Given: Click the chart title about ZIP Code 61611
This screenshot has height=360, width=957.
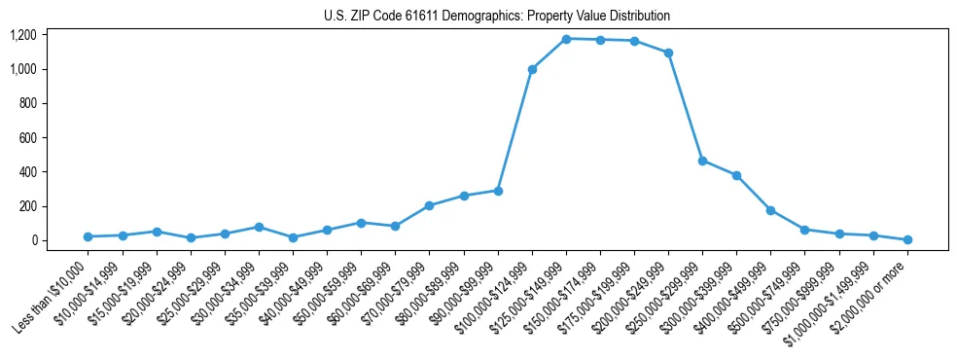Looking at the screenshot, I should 497,17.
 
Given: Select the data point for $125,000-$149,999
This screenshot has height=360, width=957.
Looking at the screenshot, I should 566,39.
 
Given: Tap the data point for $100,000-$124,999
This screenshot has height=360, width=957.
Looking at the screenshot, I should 532,69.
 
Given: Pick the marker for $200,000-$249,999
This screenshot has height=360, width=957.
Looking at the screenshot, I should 668,53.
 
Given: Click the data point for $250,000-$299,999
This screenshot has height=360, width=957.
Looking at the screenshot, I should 702,161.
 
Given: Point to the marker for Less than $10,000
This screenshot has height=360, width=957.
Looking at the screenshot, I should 89,236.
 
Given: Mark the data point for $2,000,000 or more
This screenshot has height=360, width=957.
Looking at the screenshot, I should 907,239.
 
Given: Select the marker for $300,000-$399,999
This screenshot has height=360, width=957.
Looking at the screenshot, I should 736,175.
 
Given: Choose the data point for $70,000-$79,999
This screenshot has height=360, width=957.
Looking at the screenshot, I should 429,205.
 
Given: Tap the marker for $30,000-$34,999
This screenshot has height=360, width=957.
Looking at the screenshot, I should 259,227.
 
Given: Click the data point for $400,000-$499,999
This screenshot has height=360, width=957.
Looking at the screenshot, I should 770,210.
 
